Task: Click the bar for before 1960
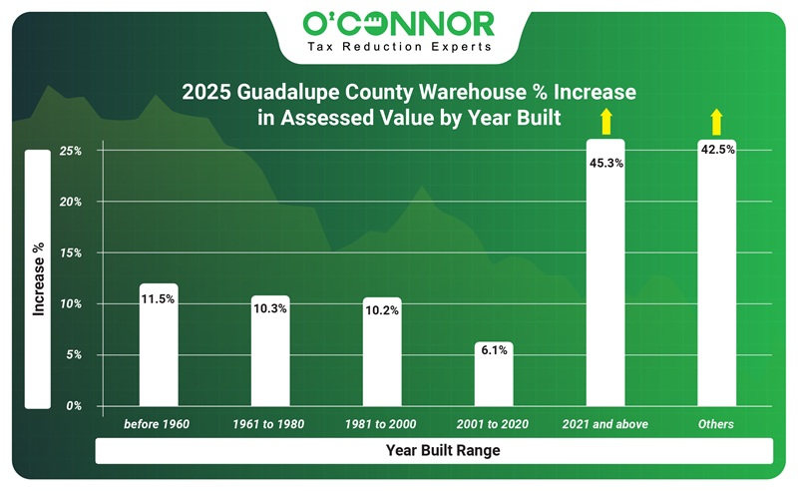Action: tap(159, 345)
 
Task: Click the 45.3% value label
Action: tap(605, 163)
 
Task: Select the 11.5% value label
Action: tap(159, 298)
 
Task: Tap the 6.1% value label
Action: tap(494, 350)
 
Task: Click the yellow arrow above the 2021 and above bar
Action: tap(604, 123)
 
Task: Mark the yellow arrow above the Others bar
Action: tap(716, 123)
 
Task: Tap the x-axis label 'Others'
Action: tap(716, 424)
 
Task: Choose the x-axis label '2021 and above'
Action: tap(605, 424)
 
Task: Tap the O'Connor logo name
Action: tap(398, 22)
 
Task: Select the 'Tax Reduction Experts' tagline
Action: tap(398, 47)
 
